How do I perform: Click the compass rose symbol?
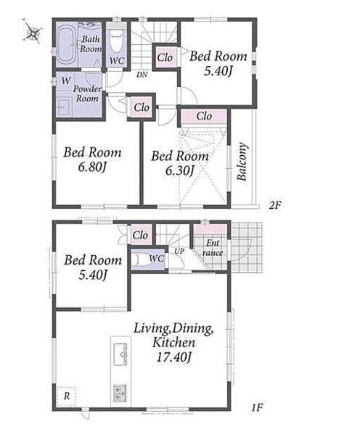click(33, 30)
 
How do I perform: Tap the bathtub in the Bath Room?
click(67, 45)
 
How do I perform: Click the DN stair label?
click(142, 75)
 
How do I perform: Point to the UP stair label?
click(179, 252)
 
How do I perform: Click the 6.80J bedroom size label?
click(92, 167)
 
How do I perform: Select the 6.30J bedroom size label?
click(179, 171)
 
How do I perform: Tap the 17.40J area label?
click(173, 357)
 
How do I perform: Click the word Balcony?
click(242, 162)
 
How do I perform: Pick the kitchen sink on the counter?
click(120, 355)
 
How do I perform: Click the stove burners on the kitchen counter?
click(120, 393)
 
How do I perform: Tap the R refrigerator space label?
click(67, 396)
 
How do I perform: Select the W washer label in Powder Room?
click(66, 81)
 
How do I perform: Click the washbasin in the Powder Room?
click(65, 106)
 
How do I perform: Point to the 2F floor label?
click(275, 205)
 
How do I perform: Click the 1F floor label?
click(257, 407)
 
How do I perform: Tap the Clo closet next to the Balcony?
click(204, 116)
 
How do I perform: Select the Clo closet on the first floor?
click(140, 235)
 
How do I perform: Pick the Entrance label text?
click(213, 248)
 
